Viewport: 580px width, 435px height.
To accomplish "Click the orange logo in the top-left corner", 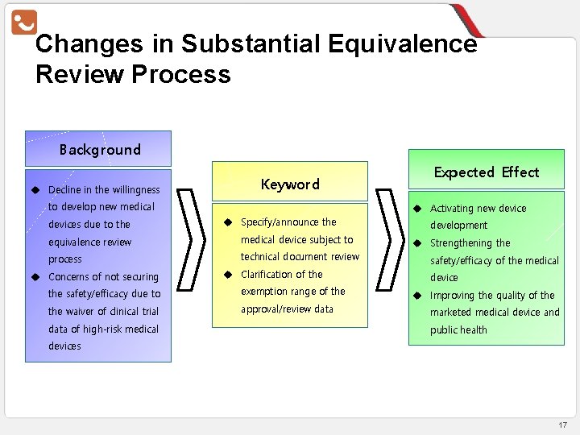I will coord(24,21).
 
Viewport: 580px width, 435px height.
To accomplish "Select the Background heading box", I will coord(98,149).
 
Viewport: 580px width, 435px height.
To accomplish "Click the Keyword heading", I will coord(290,184).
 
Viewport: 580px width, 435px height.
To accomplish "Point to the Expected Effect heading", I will coord(487,172).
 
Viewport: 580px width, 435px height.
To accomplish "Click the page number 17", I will coord(562,425).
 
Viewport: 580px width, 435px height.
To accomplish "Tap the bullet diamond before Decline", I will coord(35,190).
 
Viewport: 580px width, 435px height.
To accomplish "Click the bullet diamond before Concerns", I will coord(35,277).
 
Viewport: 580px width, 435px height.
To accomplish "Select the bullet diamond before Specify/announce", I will coord(228,222).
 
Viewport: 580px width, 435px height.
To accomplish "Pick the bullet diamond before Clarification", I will coord(228,274).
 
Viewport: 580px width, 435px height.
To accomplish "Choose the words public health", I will coord(458,329).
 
